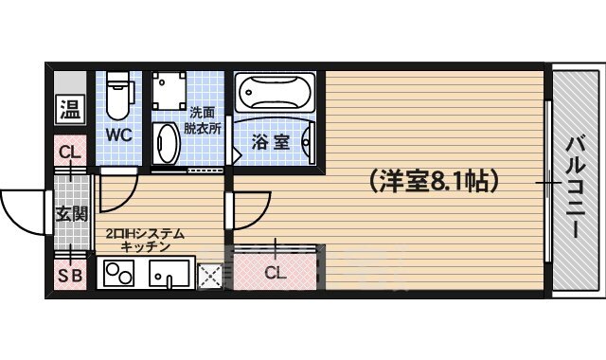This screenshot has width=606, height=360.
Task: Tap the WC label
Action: [x=118, y=134]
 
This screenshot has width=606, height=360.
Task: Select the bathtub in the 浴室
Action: [x=274, y=94]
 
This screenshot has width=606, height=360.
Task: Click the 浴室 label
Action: [x=270, y=143]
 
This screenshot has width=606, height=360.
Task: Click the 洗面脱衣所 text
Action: [x=204, y=120]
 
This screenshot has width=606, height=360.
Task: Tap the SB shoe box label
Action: [x=70, y=277]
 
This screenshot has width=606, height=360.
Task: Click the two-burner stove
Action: [x=119, y=276]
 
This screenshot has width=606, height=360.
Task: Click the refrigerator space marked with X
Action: [x=211, y=276]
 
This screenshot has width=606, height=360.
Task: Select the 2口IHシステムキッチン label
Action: [x=144, y=240]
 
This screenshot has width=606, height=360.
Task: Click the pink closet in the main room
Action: [x=275, y=272]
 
